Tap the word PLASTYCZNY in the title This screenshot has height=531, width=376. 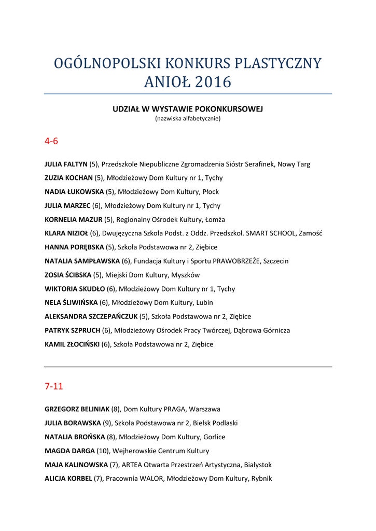(x=278, y=64)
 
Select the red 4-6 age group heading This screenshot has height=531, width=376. (x=51, y=141)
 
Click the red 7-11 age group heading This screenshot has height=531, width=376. (x=54, y=386)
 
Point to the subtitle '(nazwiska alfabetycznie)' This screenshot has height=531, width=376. (x=188, y=119)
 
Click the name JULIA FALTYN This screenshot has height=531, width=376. (x=66, y=164)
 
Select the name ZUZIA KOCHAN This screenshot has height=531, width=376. (x=68, y=178)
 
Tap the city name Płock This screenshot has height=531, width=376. (x=211, y=192)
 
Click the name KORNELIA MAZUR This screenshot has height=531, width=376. (x=74, y=219)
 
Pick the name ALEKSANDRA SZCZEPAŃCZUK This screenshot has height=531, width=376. (x=91, y=316)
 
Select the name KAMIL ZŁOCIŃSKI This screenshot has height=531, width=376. (x=72, y=344)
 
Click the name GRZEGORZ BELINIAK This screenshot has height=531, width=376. (x=77, y=409)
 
